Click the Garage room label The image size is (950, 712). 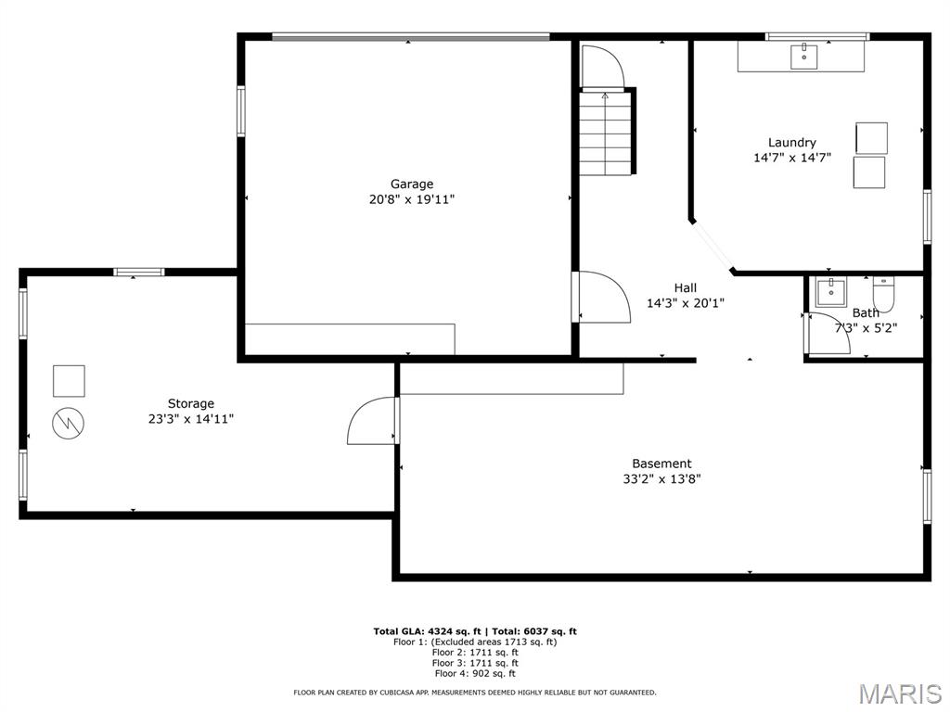tap(411, 184)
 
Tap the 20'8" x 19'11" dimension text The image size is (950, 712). tap(411, 199)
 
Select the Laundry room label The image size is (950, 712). tap(791, 142)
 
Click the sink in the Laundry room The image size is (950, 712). tap(804, 57)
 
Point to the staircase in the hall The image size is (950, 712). tap(606, 132)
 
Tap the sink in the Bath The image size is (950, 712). tap(830, 291)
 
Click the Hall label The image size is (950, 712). tap(685, 287)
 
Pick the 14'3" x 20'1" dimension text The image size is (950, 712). tap(685, 303)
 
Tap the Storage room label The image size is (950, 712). tap(190, 403)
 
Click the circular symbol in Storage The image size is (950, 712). tap(69, 423)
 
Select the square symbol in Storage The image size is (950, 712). tap(69, 380)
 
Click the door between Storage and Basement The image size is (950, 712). tap(373, 422)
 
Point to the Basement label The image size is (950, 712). tap(661, 464)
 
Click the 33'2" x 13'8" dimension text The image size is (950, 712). tap(661, 479)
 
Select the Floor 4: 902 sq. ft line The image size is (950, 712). tap(474, 674)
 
